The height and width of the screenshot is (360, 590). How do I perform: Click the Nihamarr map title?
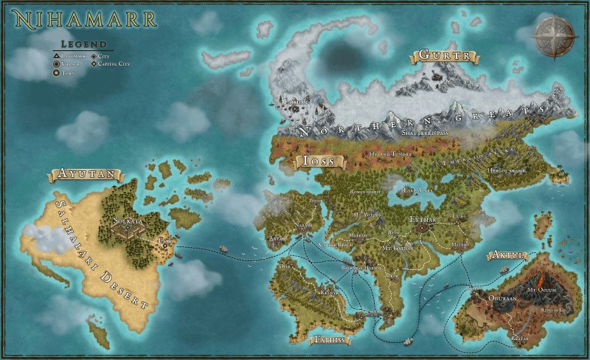point(83,18)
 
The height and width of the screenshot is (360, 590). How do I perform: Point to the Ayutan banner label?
point(84,175)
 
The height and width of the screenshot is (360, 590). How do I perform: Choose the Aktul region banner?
point(506,255)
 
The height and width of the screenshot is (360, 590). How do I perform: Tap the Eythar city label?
point(423,219)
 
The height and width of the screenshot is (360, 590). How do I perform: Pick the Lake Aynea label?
point(417,190)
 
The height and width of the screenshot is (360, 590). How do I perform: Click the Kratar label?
point(521,337)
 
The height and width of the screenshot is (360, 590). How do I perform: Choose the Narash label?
point(305,225)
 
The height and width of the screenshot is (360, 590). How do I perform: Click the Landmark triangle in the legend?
point(56,55)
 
